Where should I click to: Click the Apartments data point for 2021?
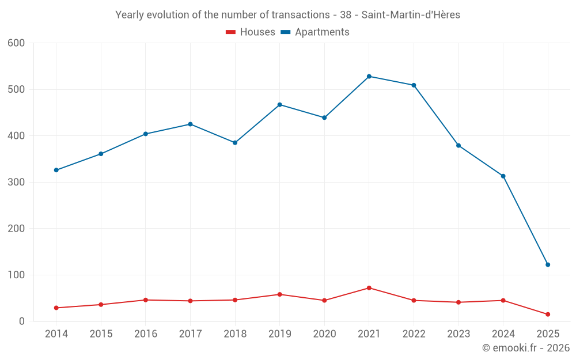pos(369,76)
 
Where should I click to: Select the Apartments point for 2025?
pos(548,264)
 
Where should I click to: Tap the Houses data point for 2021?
pos(369,288)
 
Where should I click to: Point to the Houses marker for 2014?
pos(56,308)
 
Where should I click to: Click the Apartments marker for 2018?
pos(235,142)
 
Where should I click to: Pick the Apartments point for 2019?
pos(280,104)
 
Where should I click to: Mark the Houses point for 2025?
pos(548,314)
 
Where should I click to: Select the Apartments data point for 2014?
pos(56,170)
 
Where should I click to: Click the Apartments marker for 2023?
pos(458,145)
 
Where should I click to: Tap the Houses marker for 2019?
pos(280,294)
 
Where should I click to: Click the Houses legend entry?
pos(251,32)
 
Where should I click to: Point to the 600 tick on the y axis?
pos(16,43)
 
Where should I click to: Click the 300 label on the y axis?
pos(16,182)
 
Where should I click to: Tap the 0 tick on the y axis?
pos(22,321)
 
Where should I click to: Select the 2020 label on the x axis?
pos(324,334)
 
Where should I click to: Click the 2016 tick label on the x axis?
pos(146,334)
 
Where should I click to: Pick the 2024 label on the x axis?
pos(503,334)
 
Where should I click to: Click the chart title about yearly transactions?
pos(287,15)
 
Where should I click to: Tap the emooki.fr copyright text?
pos(526,348)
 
